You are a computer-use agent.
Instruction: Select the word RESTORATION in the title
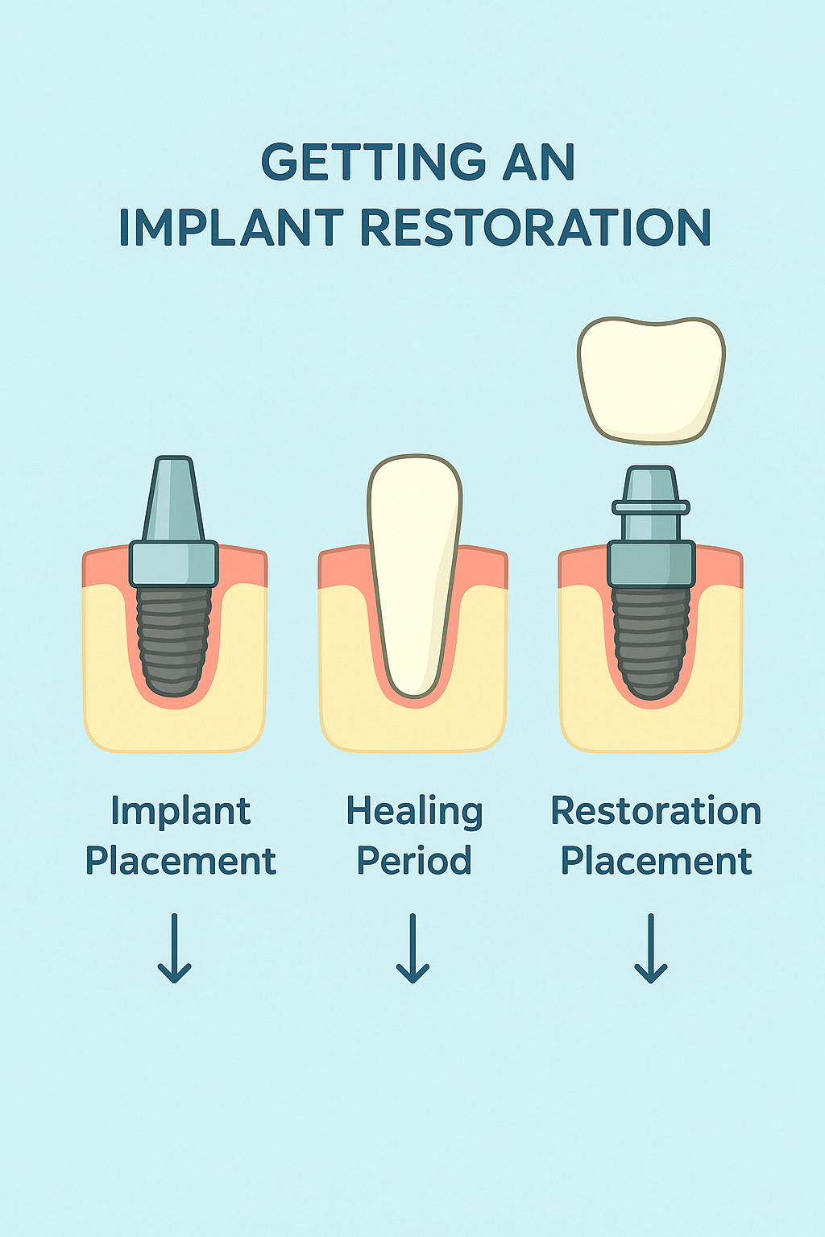coord(535,228)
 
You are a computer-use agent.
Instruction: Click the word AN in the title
coord(539,163)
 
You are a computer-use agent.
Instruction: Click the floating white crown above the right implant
coord(651,379)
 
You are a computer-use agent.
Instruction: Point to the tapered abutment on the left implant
coord(173,499)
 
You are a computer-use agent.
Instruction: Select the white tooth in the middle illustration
coord(414,572)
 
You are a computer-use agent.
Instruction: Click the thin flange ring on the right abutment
coord(651,507)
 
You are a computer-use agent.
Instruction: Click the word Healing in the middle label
coord(414,812)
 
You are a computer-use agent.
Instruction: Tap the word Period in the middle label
coord(414,861)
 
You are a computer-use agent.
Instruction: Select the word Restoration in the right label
coord(656,811)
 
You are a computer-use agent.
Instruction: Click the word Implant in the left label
coord(180,812)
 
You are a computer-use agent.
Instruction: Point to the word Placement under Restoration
coord(656,861)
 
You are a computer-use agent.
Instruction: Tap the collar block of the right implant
coord(651,564)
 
